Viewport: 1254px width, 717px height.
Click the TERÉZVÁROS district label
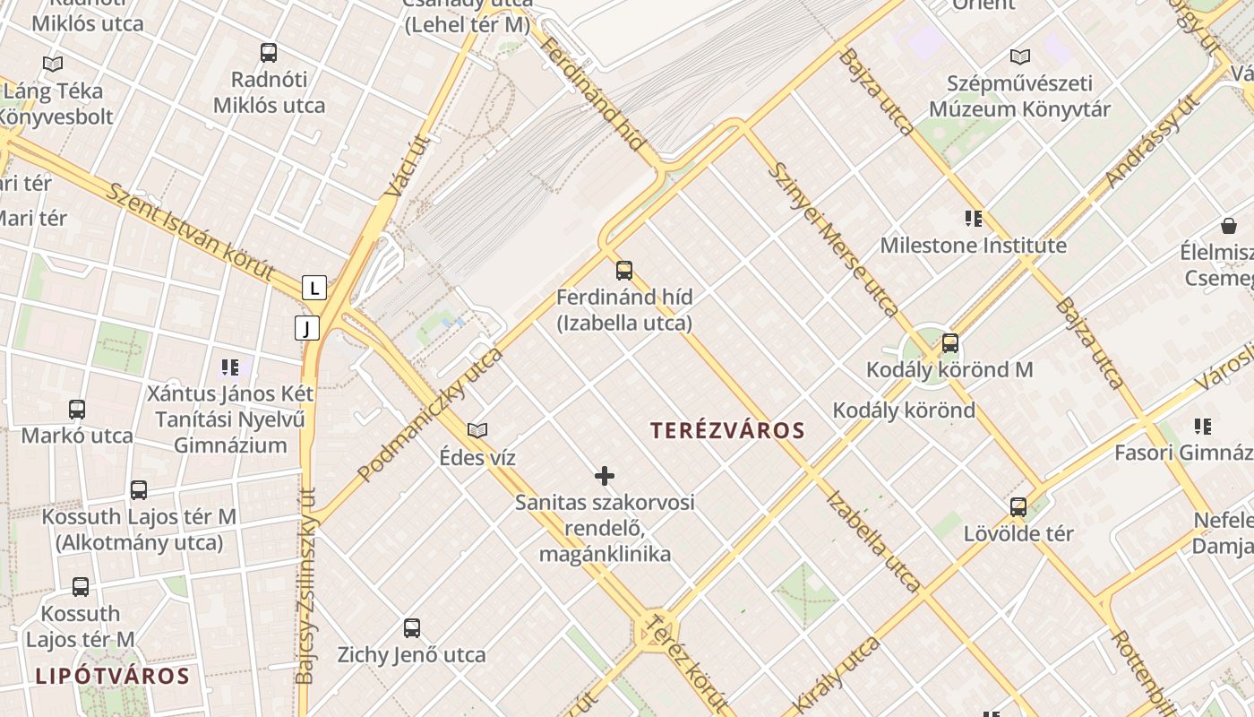(x=727, y=430)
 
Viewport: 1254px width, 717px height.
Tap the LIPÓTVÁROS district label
(x=112, y=676)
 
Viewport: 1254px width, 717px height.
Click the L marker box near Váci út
(x=314, y=288)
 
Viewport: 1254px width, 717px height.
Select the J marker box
(x=306, y=328)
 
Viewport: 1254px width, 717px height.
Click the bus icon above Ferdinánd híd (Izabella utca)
(x=624, y=270)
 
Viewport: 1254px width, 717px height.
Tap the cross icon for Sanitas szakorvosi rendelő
(x=605, y=475)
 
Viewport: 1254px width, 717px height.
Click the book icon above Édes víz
(x=477, y=430)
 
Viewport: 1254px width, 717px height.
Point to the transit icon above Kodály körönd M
(x=949, y=342)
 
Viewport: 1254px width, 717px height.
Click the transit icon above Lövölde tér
(x=1018, y=506)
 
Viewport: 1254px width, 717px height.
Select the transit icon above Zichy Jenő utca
(x=411, y=627)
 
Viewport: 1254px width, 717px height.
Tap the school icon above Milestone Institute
(x=973, y=218)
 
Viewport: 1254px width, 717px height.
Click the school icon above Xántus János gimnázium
(x=230, y=367)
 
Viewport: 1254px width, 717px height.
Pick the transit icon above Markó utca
(x=77, y=409)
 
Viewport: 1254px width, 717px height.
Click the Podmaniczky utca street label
(x=430, y=414)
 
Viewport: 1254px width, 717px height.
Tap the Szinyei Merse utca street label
(x=833, y=239)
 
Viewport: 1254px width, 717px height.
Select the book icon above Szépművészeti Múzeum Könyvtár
(x=1019, y=56)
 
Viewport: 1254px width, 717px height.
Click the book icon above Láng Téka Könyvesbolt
(x=53, y=64)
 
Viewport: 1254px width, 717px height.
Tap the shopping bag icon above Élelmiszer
(x=1228, y=226)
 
